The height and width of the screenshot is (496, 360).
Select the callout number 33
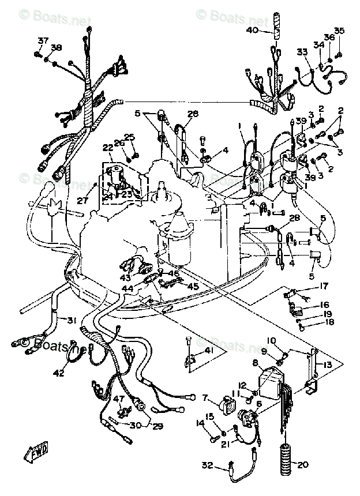302,52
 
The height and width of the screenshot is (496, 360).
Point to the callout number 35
339,31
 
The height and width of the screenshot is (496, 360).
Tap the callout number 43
125,277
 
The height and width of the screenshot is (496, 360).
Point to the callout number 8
255,363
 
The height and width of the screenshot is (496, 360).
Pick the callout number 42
59,373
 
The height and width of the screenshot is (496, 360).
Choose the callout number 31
71,321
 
